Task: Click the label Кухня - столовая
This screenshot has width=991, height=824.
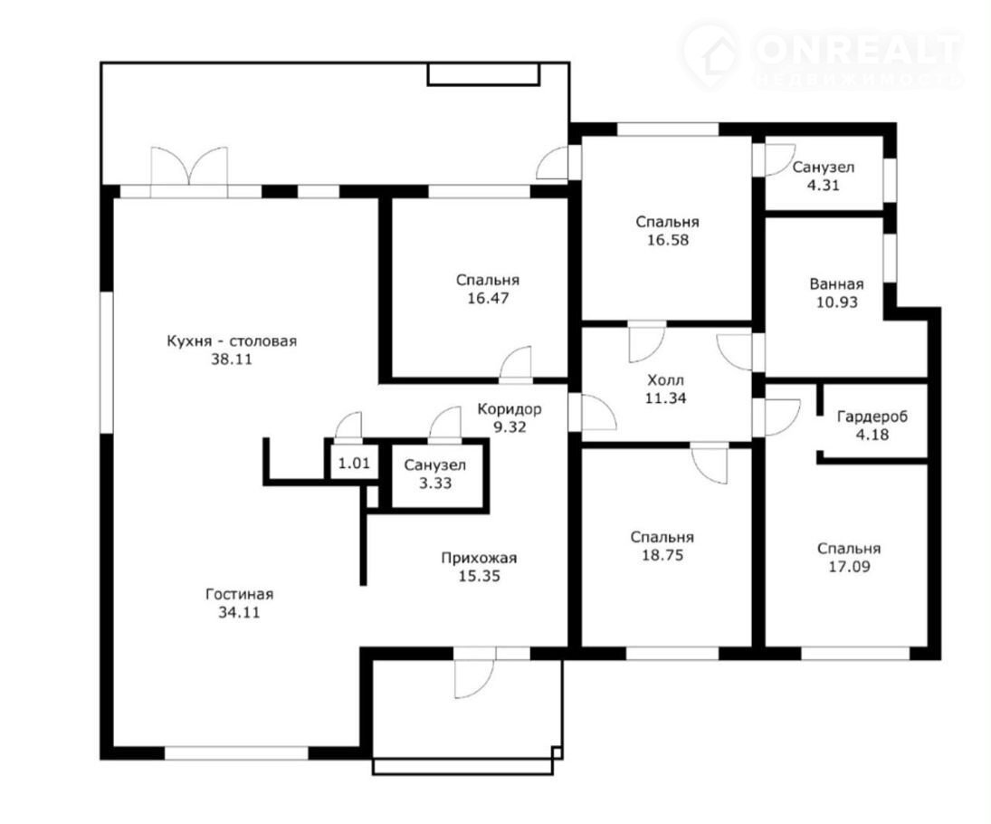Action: [232, 341]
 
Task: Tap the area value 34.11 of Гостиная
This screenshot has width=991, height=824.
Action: [239, 613]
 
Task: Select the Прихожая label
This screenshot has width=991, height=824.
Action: [479, 559]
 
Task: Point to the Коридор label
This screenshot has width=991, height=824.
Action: [510, 409]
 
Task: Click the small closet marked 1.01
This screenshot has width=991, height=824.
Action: [354, 463]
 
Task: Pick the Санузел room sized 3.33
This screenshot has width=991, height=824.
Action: [435, 474]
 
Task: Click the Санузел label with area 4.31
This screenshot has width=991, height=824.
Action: [824, 168]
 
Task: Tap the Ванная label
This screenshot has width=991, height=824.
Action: [837, 284]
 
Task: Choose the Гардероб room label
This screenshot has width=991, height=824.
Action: [872, 417]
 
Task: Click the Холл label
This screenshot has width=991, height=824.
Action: [665, 380]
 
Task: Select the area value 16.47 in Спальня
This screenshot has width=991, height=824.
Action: [488, 299]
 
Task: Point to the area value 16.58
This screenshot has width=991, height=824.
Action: [667, 240]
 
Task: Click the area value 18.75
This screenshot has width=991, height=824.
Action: [662, 555]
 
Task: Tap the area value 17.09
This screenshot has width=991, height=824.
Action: [849, 567]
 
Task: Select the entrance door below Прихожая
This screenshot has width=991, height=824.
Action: [474, 674]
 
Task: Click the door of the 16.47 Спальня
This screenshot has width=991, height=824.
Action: [517, 366]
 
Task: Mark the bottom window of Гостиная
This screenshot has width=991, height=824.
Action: [236, 753]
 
